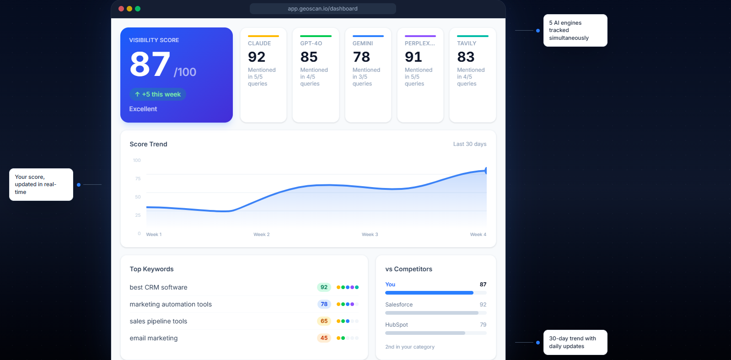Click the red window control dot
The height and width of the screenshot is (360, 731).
coord(121,9)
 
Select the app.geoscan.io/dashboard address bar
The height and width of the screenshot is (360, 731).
coord(322,9)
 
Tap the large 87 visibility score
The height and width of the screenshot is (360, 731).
coord(150,64)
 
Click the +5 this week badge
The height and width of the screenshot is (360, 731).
coord(158,94)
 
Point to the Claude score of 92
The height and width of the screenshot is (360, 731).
coord(257,57)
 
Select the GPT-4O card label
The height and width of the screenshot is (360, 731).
coord(311,43)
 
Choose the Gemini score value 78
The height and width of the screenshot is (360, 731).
coord(361,57)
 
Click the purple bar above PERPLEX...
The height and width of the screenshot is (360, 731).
coord(420,36)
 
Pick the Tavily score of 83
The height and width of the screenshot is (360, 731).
coord(466,57)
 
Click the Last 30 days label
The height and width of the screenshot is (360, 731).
coord(470,144)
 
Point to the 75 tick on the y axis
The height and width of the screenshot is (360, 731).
coord(138,179)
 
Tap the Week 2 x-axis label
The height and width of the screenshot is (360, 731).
coord(262,235)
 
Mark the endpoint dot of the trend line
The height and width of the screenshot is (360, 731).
coord(486,171)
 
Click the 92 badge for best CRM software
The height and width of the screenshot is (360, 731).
coord(324,287)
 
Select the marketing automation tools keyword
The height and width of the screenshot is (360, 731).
coord(171,304)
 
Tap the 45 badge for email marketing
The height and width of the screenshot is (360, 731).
coord(324,338)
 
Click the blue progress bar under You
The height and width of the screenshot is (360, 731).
coord(429,293)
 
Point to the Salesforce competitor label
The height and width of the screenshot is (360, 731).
coord(399,305)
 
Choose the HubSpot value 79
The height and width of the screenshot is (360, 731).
coord(483,325)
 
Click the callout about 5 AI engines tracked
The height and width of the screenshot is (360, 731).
coord(575,30)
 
